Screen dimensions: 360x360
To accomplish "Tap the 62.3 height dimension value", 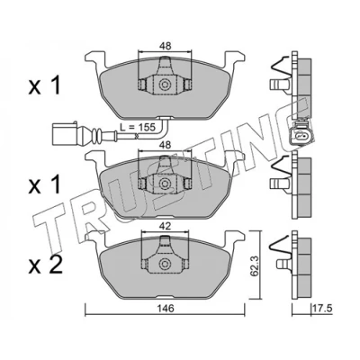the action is (x=255, y=265).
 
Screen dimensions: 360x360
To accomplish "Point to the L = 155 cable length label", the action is (x=138, y=127).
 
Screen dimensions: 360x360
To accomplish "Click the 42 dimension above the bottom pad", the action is (x=165, y=226).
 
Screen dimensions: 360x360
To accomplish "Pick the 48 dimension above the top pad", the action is (x=165, y=46).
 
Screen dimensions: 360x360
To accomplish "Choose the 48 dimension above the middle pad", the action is (x=165, y=145).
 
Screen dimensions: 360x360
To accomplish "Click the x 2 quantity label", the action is (x=45, y=265).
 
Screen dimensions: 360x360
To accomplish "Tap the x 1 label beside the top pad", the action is (x=44, y=85).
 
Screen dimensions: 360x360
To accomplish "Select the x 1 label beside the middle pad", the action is (x=44, y=185).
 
